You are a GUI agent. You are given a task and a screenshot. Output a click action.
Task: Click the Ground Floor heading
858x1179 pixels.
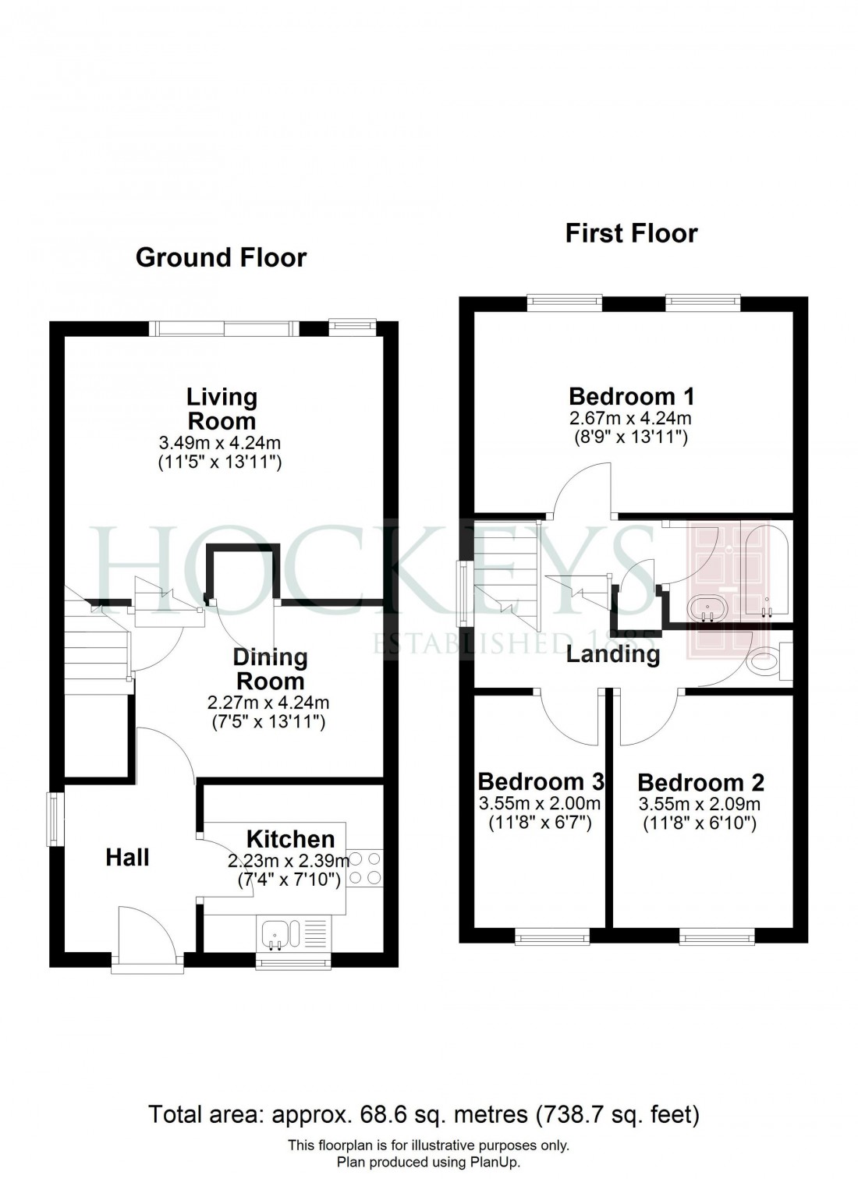[x=221, y=257]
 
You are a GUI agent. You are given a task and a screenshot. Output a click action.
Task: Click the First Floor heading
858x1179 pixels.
[x=631, y=232]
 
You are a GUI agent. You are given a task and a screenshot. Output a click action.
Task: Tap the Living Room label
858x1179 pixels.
[x=222, y=409]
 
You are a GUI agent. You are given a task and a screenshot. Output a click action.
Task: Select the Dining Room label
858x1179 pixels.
[x=270, y=668]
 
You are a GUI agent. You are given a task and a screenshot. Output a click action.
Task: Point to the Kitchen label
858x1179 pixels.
[x=290, y=839]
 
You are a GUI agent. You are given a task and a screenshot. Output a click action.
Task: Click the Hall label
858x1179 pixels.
[x=127, y=858]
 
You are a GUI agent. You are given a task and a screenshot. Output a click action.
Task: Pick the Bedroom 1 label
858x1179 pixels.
[x=631, y=396]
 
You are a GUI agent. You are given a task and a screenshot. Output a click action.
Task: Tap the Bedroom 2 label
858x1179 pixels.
[x=700, y=782]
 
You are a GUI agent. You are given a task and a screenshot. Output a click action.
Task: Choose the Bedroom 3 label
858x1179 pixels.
[x=541, y=781]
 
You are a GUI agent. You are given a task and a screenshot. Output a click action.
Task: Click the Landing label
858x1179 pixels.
[x=613, y=653]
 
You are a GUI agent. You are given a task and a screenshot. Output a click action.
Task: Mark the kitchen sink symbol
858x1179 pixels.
[x=275, y=934]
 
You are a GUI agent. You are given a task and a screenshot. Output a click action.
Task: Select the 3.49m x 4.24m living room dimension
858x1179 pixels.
[x=220, y=443]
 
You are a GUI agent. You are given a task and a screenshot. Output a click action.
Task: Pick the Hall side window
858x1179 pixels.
[x=55, y=819]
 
